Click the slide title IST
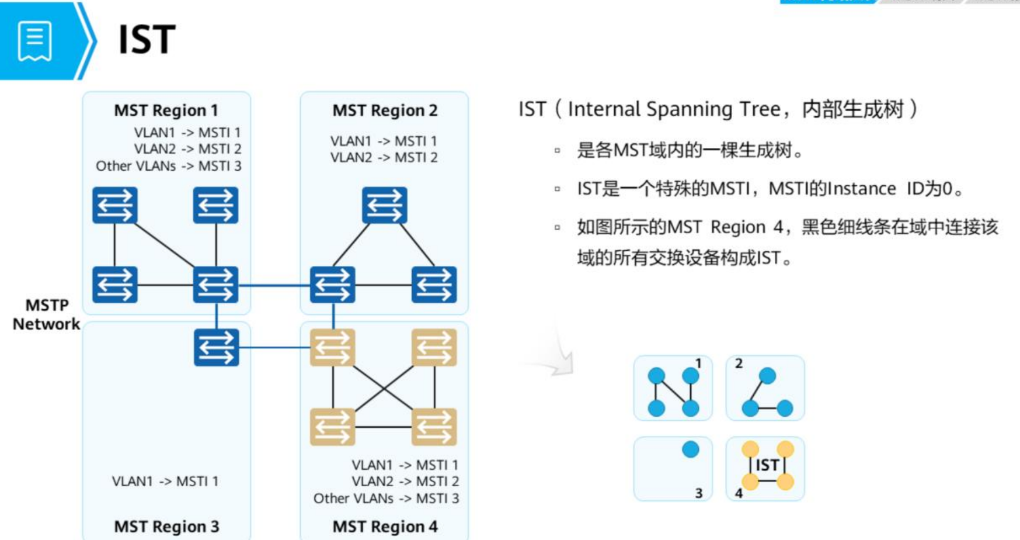coord(147,39)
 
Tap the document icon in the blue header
coord(35,41)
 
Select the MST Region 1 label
coord(166,110)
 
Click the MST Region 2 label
coord(385,110)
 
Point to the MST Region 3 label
coord(166,526)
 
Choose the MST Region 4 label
coord(385,526)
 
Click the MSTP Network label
coord(46,314)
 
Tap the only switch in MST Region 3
coord(216,347)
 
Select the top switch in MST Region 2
coord(384,205)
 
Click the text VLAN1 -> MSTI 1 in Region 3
coord(165,481)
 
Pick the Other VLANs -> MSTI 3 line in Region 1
coord(169,166)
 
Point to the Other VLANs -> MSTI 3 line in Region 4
coord(386,498)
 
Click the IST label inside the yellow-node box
coord(767,465)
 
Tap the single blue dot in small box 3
coord(690,449)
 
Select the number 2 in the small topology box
coord(739,364)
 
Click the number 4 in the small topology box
coord(739,493)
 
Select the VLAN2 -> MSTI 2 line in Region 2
coord(384,157)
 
